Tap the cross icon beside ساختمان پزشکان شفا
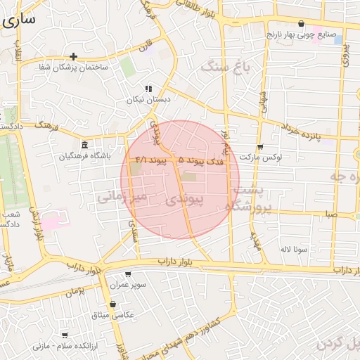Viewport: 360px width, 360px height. pyautogui.click(x=73, y=56)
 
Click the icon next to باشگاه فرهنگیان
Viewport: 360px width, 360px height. pyautogui.click(x=84, y=144)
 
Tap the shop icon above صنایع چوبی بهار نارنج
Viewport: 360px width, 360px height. pyautogui.click(x=302, y=23)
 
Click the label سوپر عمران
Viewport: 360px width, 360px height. pyautogui.click(x=128, y=285)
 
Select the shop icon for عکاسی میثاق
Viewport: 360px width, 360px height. pyautogui.click(x=112, y=304)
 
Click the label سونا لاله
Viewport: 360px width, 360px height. pyautogui.click(x=295, y=249)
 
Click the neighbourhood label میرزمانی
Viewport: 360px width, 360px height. pyautogui.click(x=121, y=197)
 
